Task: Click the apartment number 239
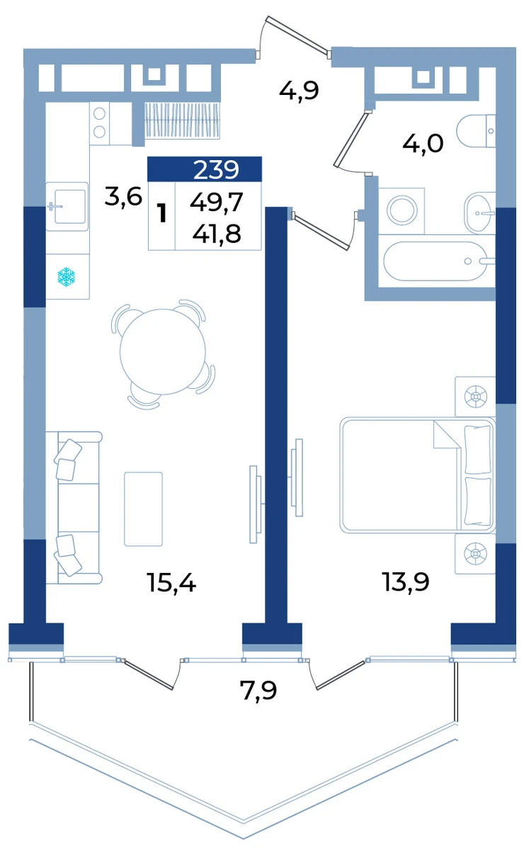[x=216, y=169]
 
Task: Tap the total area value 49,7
[x=216, y=203]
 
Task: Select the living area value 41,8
[x=217, y=233]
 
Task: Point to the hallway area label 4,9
[x=299, y=91]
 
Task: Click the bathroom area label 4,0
[x=423, y=144]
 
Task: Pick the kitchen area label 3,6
[x=123, y=197]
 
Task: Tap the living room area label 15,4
[x=171, y=582]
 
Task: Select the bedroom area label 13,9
[x=406, y=582]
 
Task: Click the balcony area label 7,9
[x=258, y=690]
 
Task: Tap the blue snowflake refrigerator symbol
[x=66, y=277]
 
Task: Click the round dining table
[x=162, y=352]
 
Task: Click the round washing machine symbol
[x=401, y=210]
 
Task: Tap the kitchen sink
[x=67, y=206]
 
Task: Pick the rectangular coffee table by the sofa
[x=144, y=509]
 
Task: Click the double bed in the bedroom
[x=417, y=475]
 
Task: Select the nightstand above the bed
[x=475, y=397]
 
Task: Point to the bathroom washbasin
[x=479, y=213]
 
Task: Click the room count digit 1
[x=162, y=213]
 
